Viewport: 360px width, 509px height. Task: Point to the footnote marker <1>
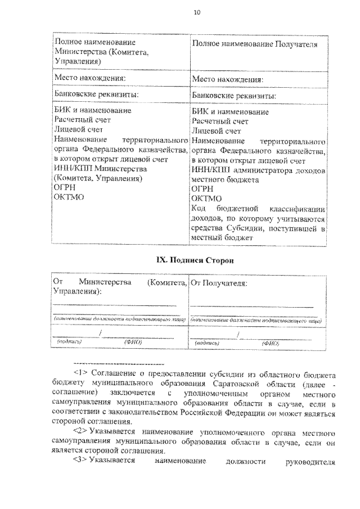[x=82, y=372]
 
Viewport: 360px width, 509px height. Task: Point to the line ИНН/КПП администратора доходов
[x=258, y=170]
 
